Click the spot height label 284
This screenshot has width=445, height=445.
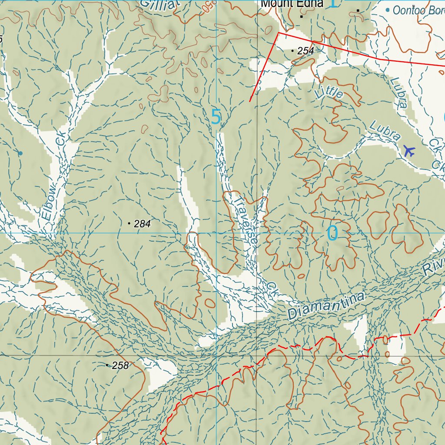click(142, 224)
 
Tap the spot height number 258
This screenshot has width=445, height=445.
click(120, 366)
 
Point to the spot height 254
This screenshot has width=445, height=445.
click(306, 51)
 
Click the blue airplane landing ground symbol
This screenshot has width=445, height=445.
click(409, 151)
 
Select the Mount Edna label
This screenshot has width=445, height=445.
click(292, 4)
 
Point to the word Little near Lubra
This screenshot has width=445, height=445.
click(329, 92)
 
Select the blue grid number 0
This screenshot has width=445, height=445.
click(332, 233)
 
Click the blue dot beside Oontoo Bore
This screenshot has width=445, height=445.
click(388, 9)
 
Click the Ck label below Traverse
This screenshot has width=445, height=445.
click(272, 288)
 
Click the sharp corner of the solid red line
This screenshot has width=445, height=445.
click(278, 32)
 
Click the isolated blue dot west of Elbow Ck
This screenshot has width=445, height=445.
click(20, 153)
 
